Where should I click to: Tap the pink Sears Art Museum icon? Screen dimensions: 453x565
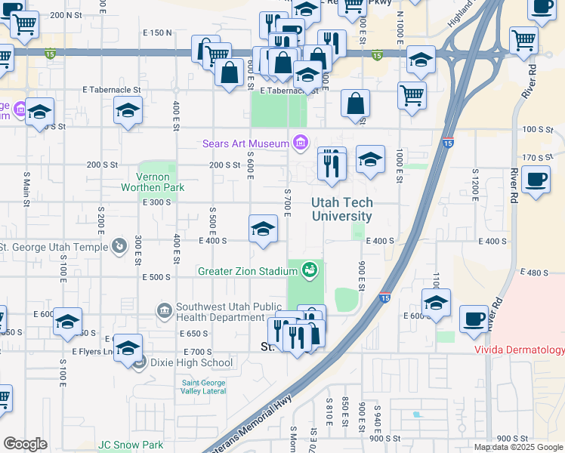(x=301, y=142)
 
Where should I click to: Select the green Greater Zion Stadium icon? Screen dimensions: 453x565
(x=308, y=269)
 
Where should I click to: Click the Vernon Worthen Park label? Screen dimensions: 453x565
(x=154, y=181)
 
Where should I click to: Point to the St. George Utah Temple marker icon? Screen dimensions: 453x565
(x=119, y=246)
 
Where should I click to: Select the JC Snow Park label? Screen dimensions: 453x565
(x=130, y=445)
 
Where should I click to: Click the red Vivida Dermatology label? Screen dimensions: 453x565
(x=519, y=350)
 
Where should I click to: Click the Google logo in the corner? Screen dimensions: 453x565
(x=26, y=444)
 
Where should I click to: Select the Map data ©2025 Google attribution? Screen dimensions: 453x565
(x=519, y=447)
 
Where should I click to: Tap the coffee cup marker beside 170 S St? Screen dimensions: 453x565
(x=536, y=180)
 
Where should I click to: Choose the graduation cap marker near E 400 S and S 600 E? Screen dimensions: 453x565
(x=262, y=229)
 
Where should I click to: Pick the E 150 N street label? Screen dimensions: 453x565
(x=157, y=33)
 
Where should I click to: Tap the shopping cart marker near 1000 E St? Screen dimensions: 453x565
(x=412, y=95)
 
